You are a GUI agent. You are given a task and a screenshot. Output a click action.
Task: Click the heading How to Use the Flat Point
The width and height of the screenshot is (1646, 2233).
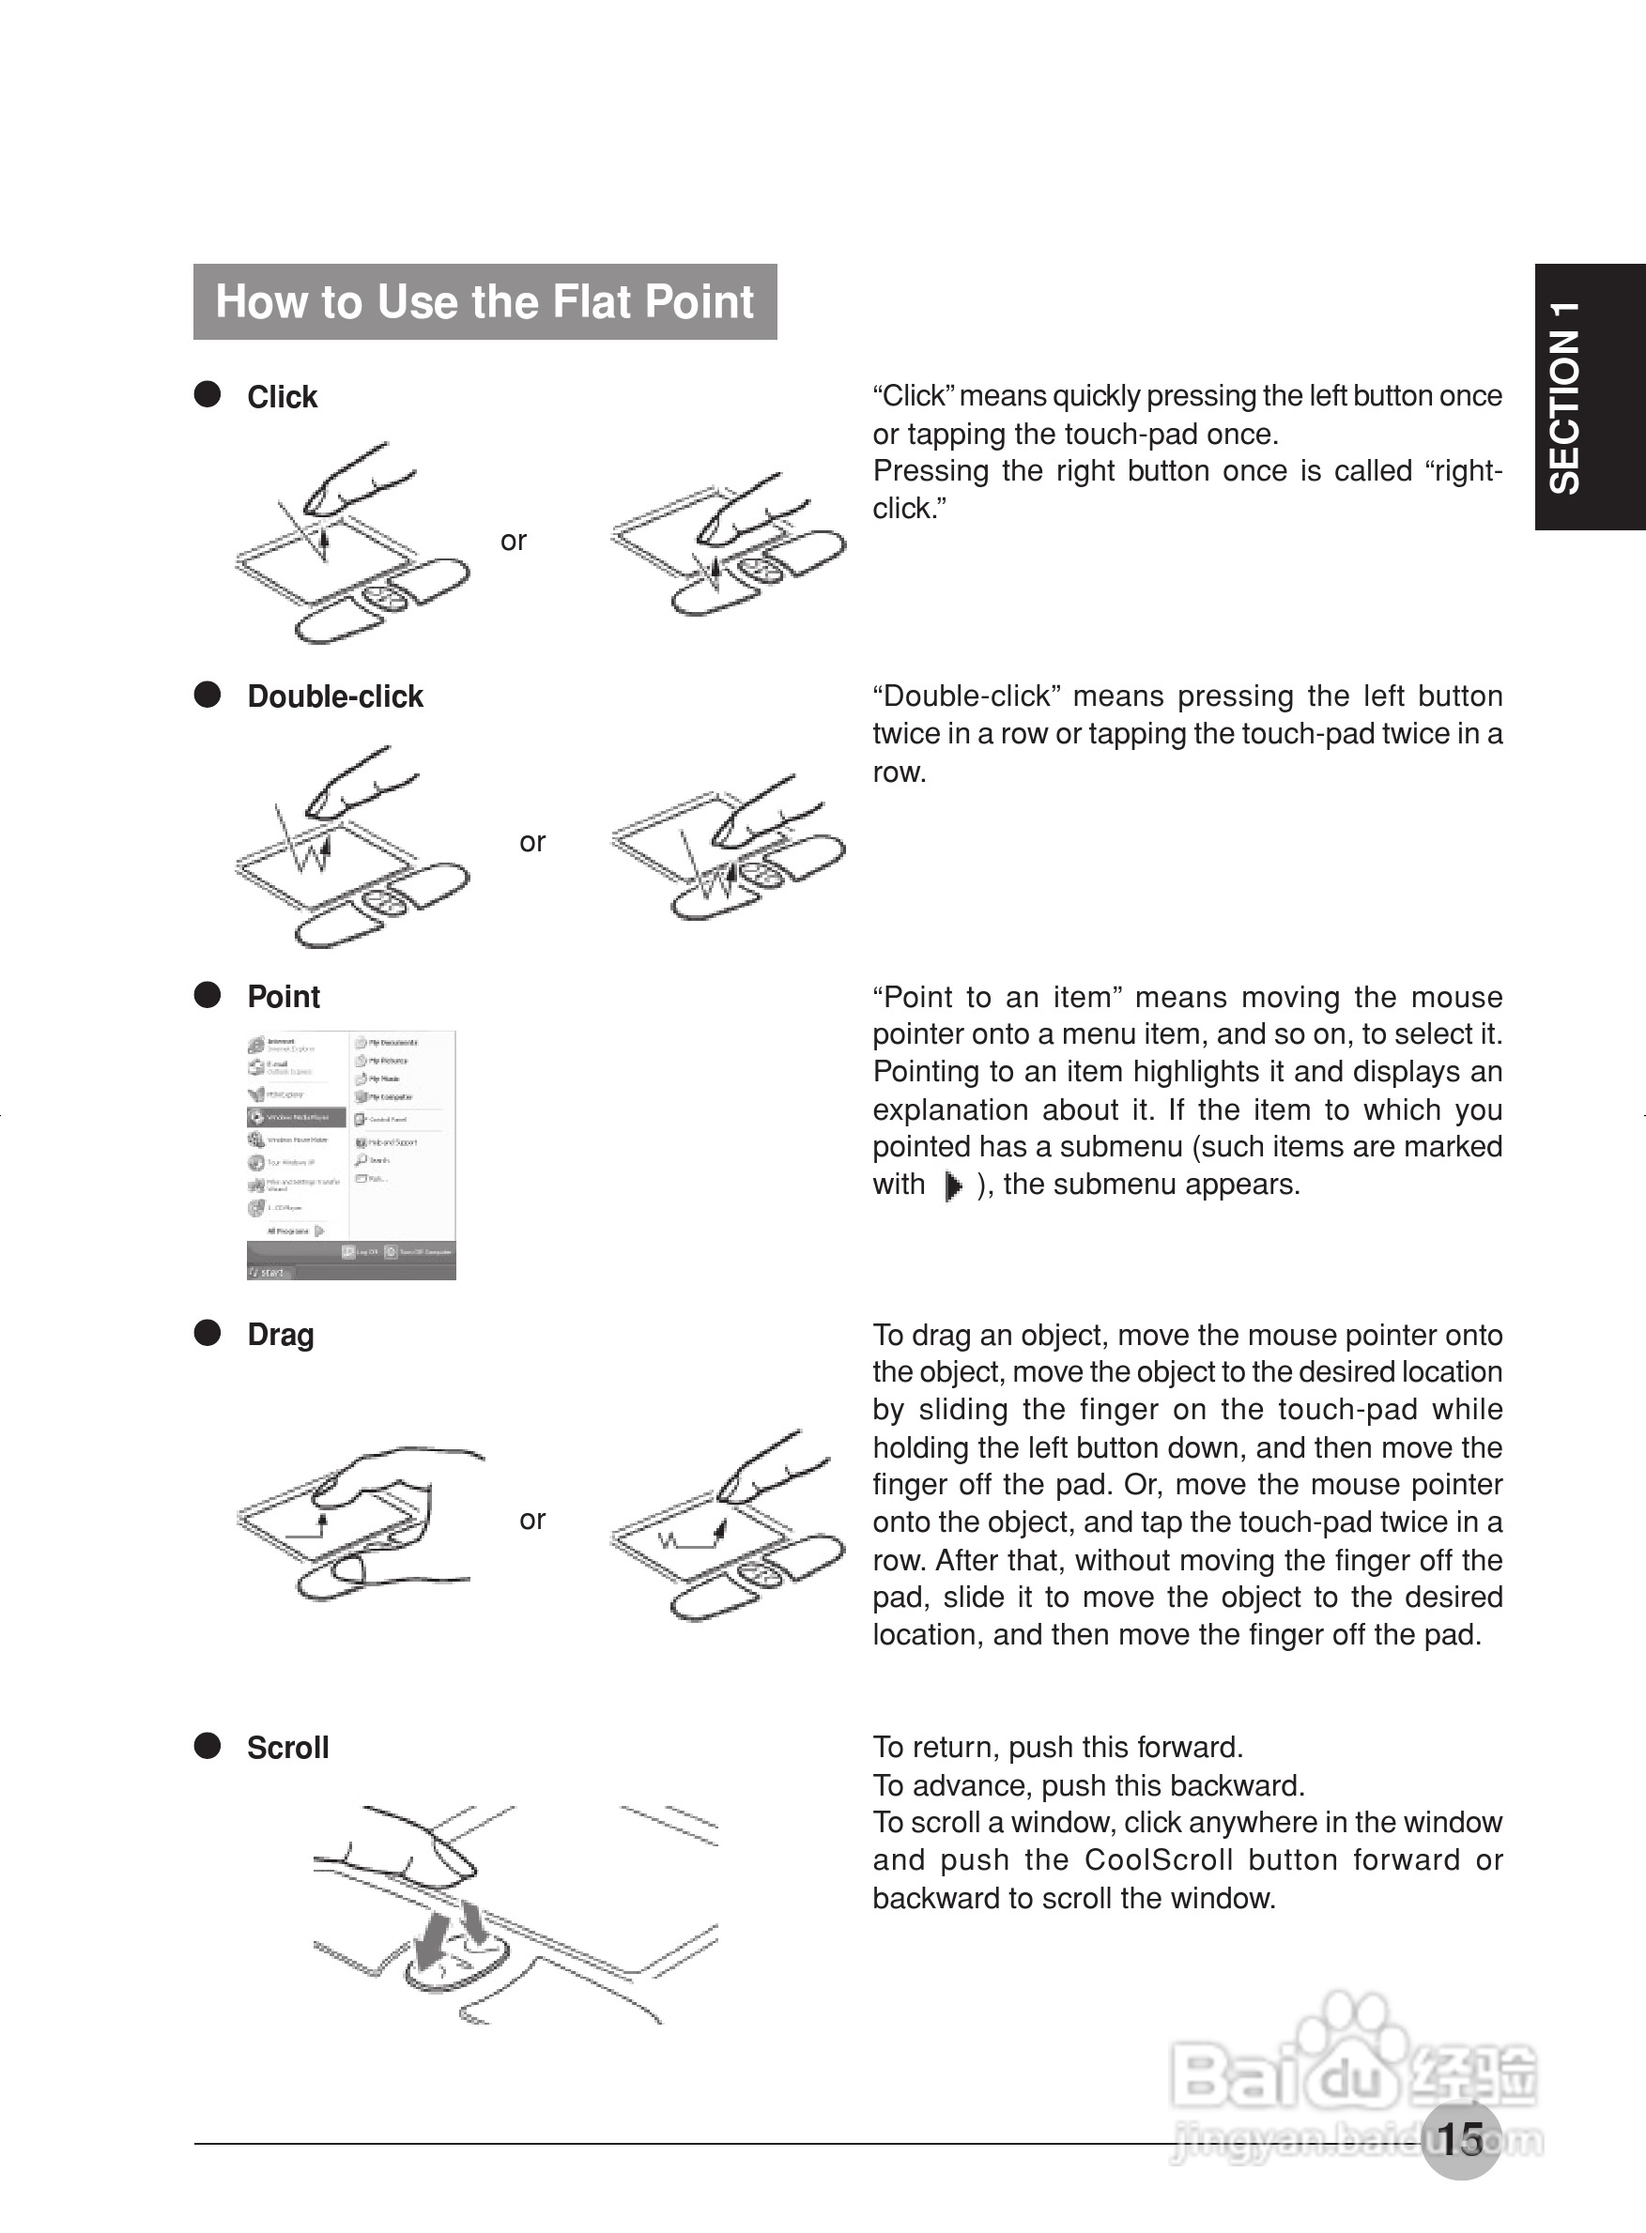(x=485, y=302)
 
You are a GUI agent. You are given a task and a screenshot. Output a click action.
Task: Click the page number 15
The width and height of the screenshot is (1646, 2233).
(x=1460, y=2139)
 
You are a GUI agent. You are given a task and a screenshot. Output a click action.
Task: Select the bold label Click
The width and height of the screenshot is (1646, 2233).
(x=282, y=397)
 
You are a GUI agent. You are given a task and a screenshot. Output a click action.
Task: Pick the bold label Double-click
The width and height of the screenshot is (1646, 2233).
(x=335, y=696)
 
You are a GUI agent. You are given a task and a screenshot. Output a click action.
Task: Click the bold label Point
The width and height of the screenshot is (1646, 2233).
(x=284, y=997)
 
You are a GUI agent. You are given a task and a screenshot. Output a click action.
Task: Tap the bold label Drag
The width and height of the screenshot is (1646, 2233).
(x=280, y=1335)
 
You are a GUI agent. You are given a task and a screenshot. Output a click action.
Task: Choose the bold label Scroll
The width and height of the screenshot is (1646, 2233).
(x=288, y=1748)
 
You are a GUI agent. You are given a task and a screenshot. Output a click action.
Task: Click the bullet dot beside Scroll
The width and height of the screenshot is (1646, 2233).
(x=208, y=1746)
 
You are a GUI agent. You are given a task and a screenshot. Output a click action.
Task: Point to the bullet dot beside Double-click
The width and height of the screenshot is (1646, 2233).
(x=208, y=695)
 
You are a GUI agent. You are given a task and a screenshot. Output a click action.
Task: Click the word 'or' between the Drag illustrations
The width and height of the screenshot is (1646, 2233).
(x=532, y=1520)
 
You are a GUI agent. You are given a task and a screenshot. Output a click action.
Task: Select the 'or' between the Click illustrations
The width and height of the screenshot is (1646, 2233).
(x=513, y=541)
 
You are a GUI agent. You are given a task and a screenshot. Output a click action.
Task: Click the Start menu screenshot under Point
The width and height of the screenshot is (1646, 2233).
(x=351, y=1155)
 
